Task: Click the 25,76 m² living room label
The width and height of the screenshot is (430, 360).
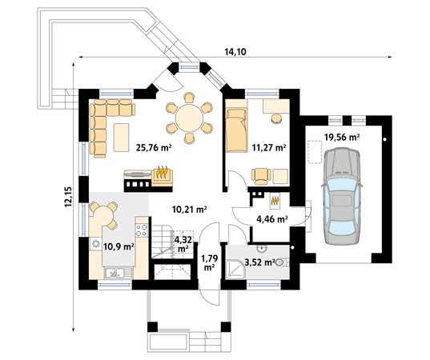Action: point(154,148)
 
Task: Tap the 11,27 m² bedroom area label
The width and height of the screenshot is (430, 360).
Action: point(269,148)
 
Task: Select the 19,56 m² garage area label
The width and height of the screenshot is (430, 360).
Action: point(342,137)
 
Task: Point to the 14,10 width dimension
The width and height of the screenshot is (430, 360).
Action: point(235,51)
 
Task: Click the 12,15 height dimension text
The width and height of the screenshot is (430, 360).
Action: point(68,197)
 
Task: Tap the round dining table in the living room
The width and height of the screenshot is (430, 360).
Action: point(189,119)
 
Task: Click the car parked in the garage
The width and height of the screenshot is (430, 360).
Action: point(341,196)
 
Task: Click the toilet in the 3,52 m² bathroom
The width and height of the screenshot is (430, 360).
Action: point(281,262)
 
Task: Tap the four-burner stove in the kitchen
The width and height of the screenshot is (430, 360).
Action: point(142,230)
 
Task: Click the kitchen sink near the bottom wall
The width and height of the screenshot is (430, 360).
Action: point(114,273)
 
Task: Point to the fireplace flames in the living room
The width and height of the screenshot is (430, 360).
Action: point(162,172)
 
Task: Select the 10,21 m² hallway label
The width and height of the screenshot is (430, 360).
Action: point(189,210)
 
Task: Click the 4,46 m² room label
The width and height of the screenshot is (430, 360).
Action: point(272,219)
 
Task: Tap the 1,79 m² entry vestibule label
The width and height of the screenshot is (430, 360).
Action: point(210,262)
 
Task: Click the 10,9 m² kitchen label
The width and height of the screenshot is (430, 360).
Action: point(119,247)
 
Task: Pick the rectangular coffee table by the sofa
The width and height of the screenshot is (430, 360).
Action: point(122,138)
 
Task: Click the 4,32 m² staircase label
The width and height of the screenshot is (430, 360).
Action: point(183,244)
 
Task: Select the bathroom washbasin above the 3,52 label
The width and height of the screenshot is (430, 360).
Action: point(263,249)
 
